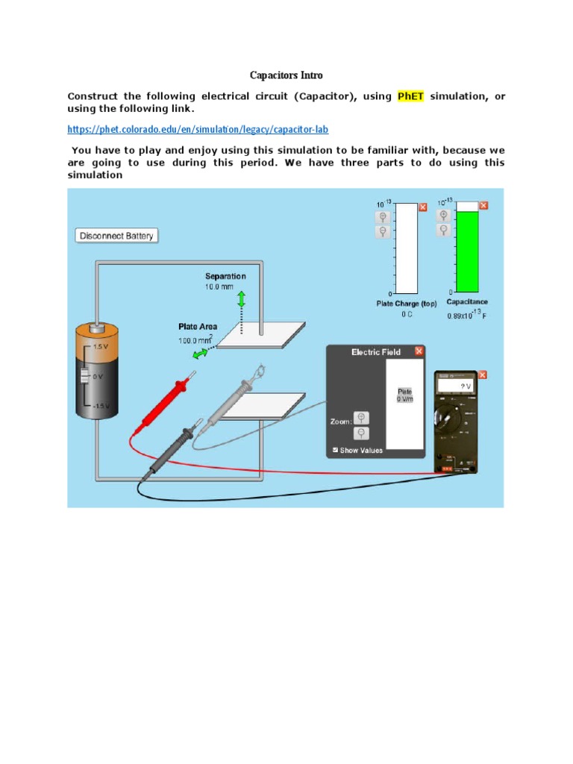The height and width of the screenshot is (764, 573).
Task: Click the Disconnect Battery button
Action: click(x=116, y=236)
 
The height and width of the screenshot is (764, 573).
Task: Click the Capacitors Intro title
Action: click(x=286, y=75)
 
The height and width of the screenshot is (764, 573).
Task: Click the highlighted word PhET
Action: click(x=410, y=96)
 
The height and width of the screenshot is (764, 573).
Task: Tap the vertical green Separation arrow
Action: click(x=241, y=300)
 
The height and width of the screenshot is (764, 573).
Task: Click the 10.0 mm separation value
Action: click(x=219, y=286)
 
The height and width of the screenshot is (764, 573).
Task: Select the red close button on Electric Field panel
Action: click(x=419, y=351)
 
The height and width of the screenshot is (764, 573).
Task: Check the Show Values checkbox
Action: click(x=335, y=450)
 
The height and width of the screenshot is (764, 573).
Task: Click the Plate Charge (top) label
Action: click(x=407, y=303)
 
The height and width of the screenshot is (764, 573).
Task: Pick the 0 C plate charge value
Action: click(x=407, y=315)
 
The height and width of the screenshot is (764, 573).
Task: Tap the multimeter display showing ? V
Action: click(x=456, y=386)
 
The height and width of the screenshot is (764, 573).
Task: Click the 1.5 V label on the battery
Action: click(x=101, y=347)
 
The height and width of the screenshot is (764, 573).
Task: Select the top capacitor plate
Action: click(x=264, y=334)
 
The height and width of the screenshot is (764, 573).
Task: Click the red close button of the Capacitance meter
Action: click(x=483, y=206)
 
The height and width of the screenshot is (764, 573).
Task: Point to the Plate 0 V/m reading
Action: click(x=404, y=395)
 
